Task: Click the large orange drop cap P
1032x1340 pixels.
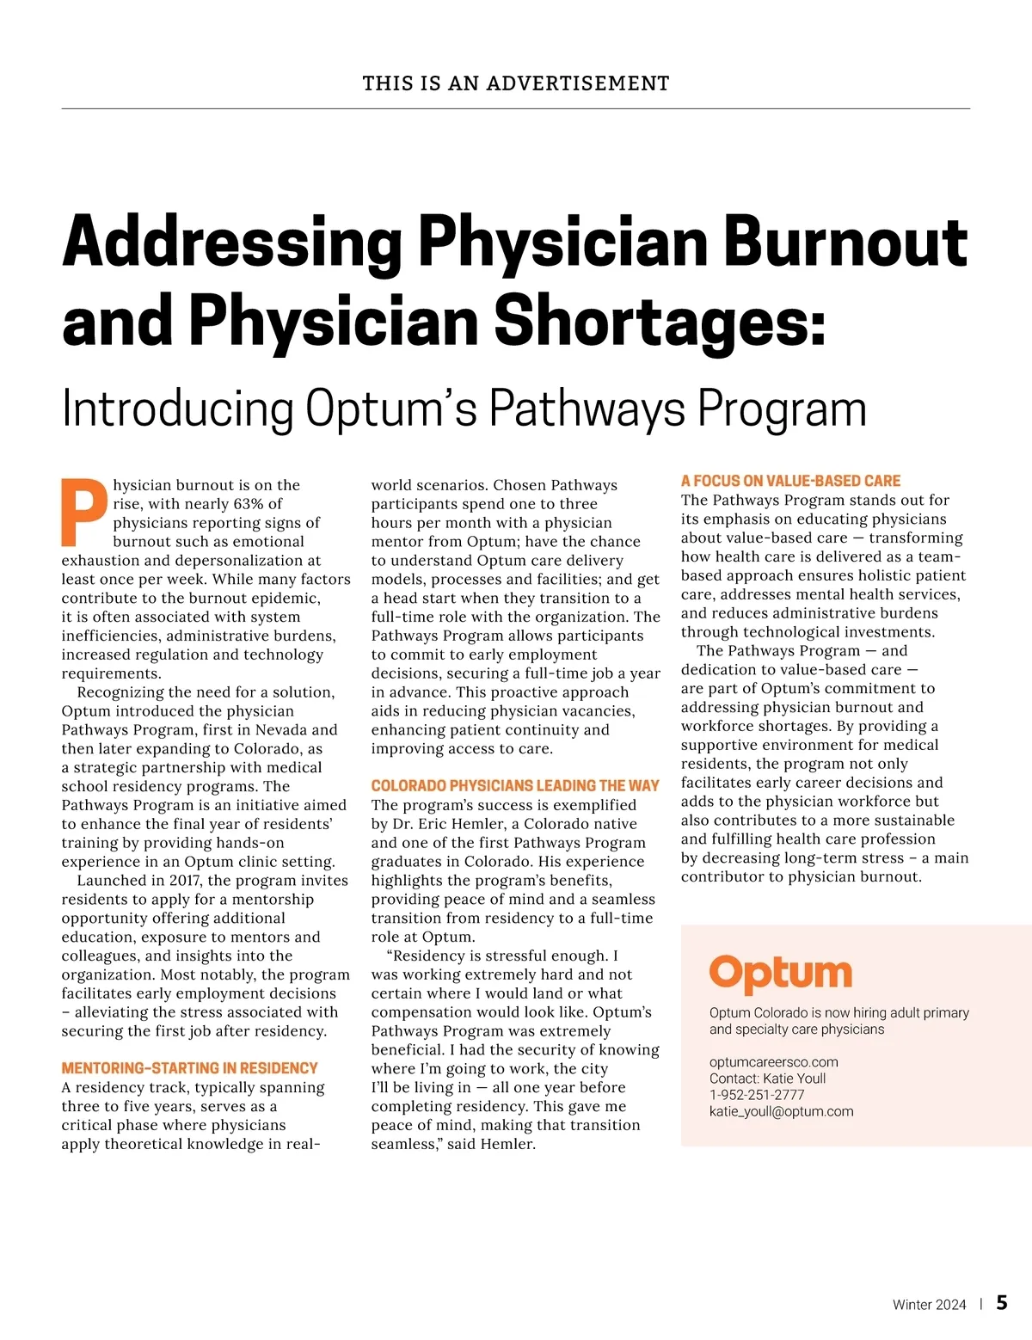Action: click(84, 512)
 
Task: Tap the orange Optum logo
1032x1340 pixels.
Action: click(780, 974)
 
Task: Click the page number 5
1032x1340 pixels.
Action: click(1002, 1303)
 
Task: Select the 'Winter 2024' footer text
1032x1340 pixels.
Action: click(929, 1305)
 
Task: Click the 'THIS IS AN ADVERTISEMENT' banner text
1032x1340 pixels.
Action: click(516, 83)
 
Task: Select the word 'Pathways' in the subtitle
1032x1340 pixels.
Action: click(587, 409)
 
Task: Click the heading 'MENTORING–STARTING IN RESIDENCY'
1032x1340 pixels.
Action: click(189, 1068)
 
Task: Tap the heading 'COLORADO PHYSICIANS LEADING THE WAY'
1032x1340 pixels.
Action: click(515, 786)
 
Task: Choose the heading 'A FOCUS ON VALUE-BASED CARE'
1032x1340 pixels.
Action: click(790, 481)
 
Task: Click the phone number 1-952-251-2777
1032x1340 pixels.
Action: click(757, 1095)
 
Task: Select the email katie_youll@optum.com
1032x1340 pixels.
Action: click(781, 1111)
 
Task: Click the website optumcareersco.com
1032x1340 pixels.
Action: click(773, 1062)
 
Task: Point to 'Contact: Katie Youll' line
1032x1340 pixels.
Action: click(767, 1079)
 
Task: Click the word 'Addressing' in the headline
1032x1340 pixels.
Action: click(232, 243)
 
